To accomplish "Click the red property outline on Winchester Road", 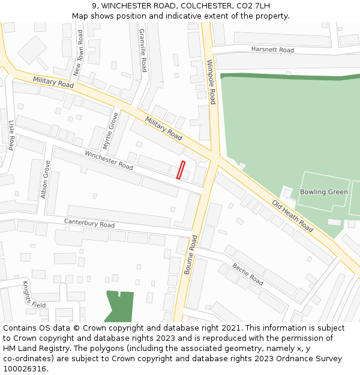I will coord(181,170).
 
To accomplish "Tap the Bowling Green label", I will coord(324,192).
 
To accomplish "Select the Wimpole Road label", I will coord(211,82).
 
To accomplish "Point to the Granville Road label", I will coord(143,50).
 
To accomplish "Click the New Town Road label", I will coord(79,55).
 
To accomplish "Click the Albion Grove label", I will coord(46,179).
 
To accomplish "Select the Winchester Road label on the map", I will coord(109,160).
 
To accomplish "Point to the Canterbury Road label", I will coord(89,224).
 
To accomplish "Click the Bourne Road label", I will coord(190,254).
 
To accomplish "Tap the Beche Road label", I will coord(248,275).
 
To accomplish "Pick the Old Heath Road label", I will coord(293,216).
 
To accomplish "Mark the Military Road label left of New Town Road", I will coord(53,82).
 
